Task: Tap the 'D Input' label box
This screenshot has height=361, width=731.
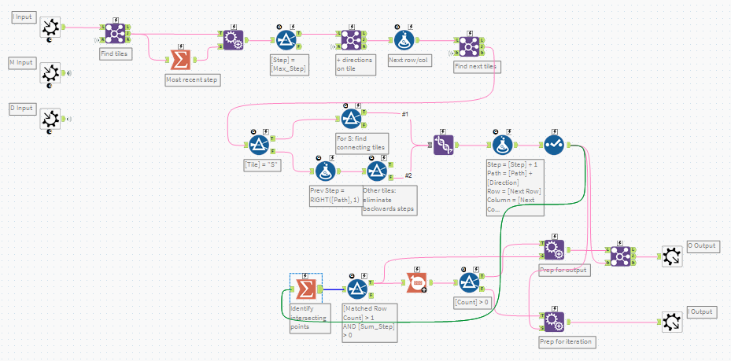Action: click(x=23, y=108)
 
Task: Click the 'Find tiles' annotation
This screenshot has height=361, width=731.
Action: click(x=116, y=53)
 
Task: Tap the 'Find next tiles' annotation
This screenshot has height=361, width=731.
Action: click(x=476, y=67)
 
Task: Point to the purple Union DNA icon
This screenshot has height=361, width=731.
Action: click(x=443, y=145)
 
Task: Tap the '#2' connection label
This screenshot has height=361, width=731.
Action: click(x=409, y=175)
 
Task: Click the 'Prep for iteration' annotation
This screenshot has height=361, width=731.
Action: click(x=567, y=341)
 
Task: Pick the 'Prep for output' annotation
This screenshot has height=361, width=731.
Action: click(x=563, y=271)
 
